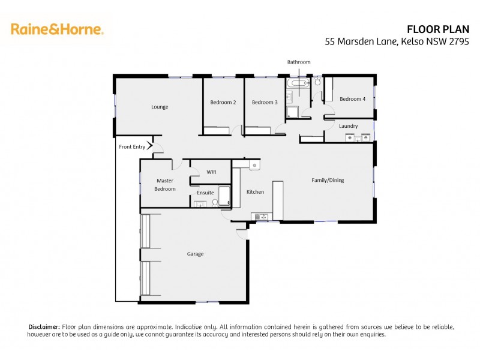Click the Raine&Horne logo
coord(57,29)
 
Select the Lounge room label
coord(160,107)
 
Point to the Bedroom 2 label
coord(223,102)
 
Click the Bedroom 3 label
coord(265,102)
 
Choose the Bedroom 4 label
coord(352,99)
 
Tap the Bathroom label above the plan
coord(298,62)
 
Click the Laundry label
coord(348,126)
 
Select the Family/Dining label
coord(327,180)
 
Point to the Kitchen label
coord(255,192)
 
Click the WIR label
coord(211,172)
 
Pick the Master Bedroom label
coord(165,184)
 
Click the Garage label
coord(195,254)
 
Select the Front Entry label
coord(132,146)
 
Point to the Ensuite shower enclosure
coord(225,196)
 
